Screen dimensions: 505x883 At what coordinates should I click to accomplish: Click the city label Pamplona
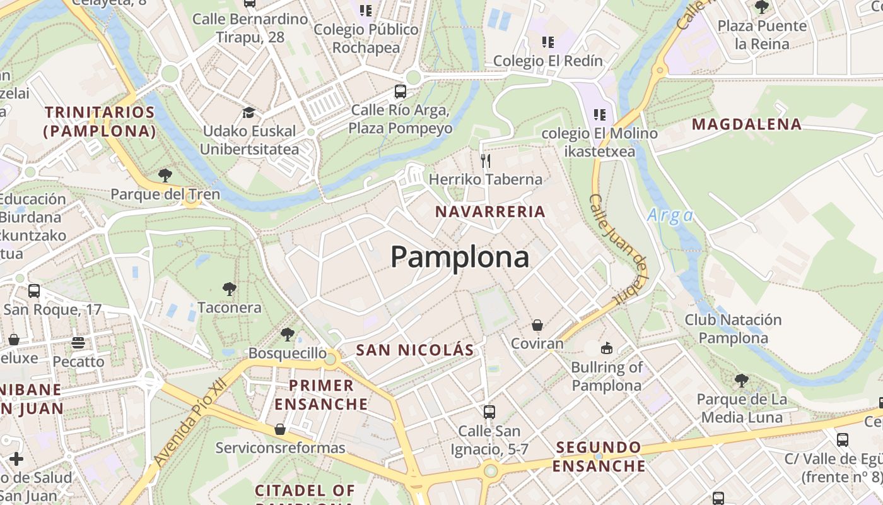(460, 257)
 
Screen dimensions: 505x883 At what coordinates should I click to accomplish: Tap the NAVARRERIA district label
(490, 211)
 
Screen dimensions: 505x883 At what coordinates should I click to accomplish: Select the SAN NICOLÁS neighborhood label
(414, 350)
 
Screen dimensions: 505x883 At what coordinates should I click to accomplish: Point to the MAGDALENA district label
(747, 124)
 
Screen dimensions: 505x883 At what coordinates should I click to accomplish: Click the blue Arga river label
(670, 216)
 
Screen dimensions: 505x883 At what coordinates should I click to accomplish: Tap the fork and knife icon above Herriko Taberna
(486, 160)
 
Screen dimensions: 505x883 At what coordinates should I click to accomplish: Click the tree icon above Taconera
(230, 289)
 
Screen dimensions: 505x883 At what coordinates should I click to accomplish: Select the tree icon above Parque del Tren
(165, 175)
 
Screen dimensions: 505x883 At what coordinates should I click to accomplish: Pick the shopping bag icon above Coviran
(537, 325)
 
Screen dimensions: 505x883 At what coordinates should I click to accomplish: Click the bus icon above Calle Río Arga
(400, 92)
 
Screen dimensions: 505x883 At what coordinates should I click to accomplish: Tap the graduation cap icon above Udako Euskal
(249, 113)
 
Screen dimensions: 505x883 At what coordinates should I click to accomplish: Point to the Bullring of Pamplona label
(606, 376)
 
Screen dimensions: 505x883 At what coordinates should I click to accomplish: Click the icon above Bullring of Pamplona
(606, 348)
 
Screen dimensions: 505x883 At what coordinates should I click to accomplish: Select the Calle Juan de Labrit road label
(619, 250)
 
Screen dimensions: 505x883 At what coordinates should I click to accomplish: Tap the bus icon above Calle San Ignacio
(489, 412)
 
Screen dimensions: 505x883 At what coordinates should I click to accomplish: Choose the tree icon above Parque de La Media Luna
(742, 381)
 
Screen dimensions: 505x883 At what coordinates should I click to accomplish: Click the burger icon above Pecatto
(78, 343)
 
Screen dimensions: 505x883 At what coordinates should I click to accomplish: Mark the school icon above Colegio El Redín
(548, 42)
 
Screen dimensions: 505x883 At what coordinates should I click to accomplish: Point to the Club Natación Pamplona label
(733, 329)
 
